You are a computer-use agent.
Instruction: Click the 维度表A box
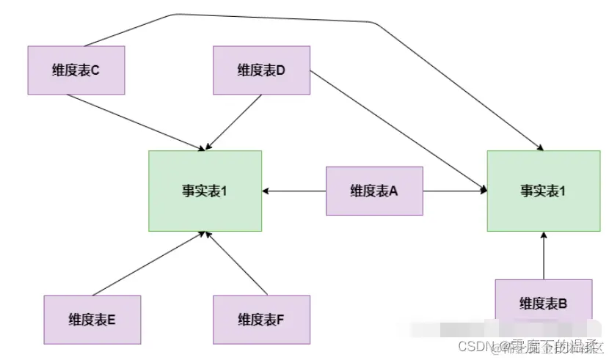pos(374,191)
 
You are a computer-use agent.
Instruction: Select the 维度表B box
pos(543,302)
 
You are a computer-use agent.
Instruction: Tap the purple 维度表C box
pos(76,70)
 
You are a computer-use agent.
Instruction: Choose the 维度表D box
pos(261,70)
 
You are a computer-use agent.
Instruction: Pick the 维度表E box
pos(92,319)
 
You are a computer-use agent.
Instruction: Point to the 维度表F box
pos(261,319)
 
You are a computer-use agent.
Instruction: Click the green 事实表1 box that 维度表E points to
pos(205,191)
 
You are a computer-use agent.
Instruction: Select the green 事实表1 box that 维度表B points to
pos(543,191)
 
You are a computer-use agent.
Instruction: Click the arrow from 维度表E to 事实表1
pos(147,264)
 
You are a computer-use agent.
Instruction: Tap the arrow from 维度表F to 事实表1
pos(235,264)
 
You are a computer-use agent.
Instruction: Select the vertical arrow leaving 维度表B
pos(543,257)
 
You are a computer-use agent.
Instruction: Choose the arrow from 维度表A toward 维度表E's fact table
pos(293,191)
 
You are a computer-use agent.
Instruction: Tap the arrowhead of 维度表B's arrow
pos(543,235)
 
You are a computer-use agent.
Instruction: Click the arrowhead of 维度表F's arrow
pos(208,236)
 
